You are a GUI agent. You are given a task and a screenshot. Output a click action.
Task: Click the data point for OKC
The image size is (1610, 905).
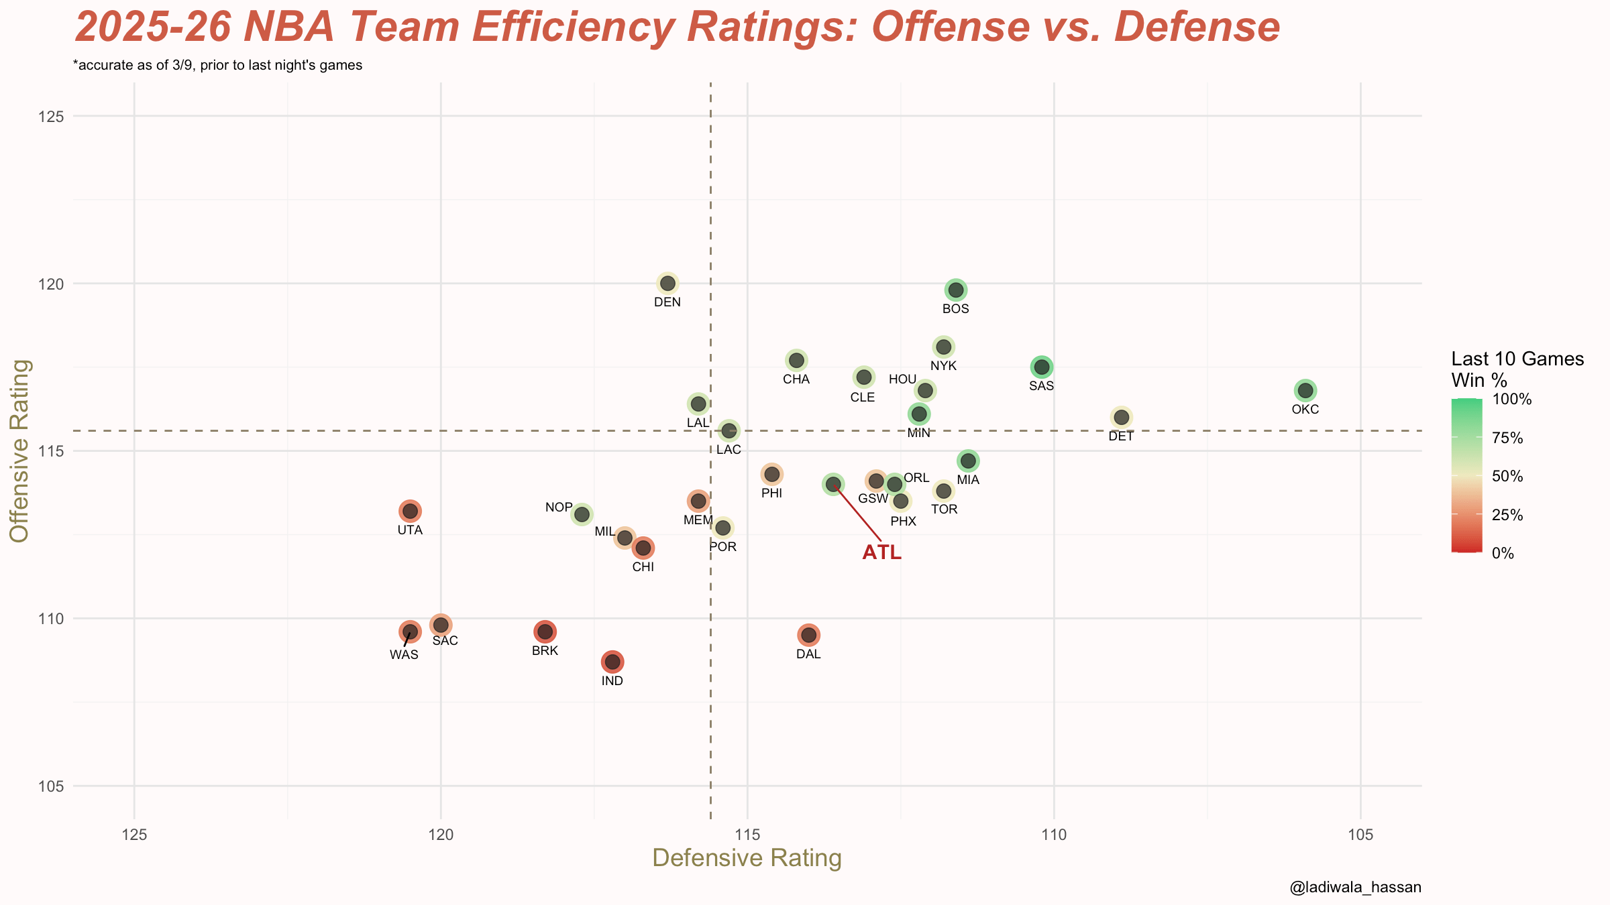click(1305, 390)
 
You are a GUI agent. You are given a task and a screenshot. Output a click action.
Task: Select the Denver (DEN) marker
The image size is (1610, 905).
click(667, 284)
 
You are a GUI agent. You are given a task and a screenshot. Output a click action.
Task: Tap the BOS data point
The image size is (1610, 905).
click(956, 290)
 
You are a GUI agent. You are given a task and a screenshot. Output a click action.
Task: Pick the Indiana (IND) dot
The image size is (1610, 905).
click(612, 662)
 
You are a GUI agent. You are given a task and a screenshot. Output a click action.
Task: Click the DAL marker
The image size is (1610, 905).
click(809, 635)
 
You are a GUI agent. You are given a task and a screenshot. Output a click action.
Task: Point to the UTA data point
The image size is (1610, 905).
click(410, 511)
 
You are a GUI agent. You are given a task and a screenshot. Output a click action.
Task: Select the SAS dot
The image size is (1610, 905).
click(1042, 367)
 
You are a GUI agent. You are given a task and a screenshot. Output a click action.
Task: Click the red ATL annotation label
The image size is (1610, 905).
click(881, 552)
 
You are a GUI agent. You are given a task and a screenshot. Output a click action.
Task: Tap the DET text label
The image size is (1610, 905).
click(1121, 436)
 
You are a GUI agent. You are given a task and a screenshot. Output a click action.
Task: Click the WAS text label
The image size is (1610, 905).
click(404, 655)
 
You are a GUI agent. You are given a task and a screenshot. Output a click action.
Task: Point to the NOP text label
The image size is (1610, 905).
click(559, 507)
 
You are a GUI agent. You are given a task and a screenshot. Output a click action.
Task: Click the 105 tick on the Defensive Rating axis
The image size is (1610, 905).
click(1360, 835)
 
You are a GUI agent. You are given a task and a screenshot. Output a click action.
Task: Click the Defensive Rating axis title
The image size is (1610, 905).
click(747, 859)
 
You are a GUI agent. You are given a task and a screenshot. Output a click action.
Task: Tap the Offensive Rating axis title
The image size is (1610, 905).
click(19, 450)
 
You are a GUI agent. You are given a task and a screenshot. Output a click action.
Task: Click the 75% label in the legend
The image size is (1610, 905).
click(1507, 438)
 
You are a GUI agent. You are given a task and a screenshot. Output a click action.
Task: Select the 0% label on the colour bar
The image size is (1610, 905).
click(1503, 554)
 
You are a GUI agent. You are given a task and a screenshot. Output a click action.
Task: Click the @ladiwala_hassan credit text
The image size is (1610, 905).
click(1355, 888)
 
